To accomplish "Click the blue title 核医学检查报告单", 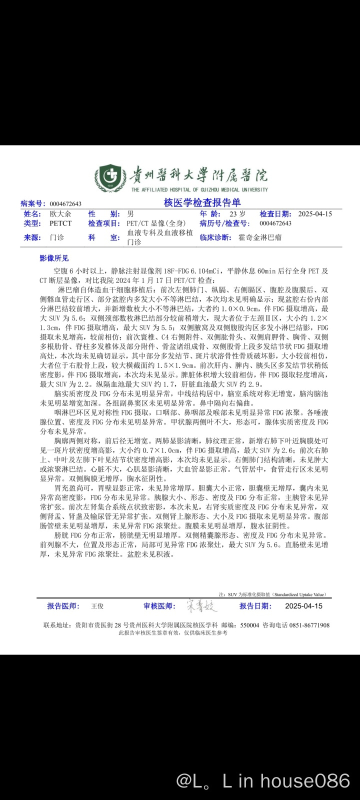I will tap(202, 202).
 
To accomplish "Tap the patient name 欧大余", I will tap(60, 213).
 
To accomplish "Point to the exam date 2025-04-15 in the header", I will tap(315, 213).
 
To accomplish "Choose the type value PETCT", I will tap(60, 223).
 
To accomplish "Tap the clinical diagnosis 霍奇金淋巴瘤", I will tap(260, 237).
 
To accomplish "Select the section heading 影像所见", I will tap(54, 258).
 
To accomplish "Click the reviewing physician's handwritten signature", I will tap(202, 606).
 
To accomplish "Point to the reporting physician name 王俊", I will tap(97, 606).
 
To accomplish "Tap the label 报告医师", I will tap(63, 606).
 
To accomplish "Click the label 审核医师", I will tap(159, 606).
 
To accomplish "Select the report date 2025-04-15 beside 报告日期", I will tap(303, 606).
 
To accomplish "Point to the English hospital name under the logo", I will tap(199, 189).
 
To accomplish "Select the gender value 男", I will tap(130, 213).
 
